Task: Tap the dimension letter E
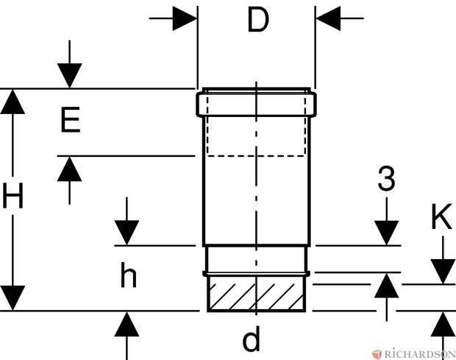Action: (71, 119)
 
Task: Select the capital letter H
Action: (13, 196)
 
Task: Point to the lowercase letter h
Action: (128, 275)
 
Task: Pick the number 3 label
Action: (386, 178)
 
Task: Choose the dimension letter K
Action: (442, 216)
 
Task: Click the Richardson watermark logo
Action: (413, 354)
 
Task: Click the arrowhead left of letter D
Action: (185, 18)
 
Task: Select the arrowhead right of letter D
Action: (328, 18)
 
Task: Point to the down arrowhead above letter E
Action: (69, 76)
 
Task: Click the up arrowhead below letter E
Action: (69, 169)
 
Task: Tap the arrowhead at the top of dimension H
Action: (13, 102)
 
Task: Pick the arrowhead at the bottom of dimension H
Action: (13, 298)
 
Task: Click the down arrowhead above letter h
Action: (127, 233)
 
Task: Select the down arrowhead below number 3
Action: (386, 233)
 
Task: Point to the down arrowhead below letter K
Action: (443, 272)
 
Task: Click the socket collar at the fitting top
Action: (256, 105)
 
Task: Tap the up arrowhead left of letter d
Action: (127, 324)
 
